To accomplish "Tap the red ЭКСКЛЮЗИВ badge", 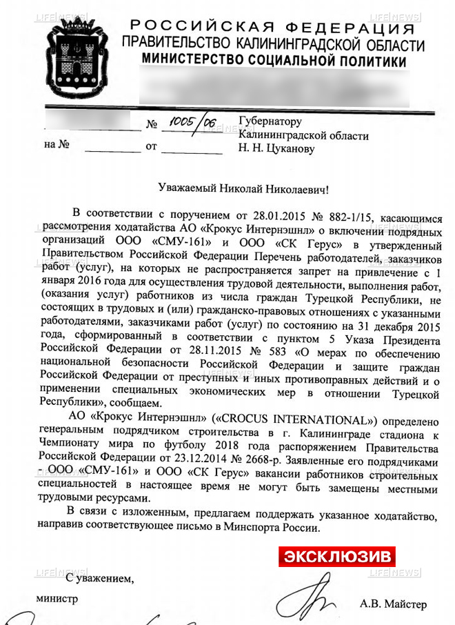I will pos(336,556).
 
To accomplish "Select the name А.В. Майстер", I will pos(393,604).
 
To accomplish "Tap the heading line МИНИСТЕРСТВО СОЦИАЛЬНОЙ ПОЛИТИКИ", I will pos(274,61).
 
